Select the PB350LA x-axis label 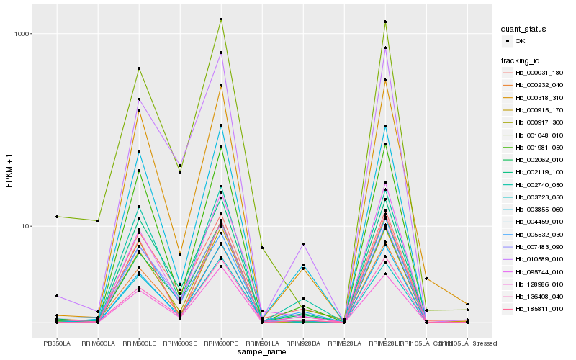coord(57,344)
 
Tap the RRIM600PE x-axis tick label coord(221,344)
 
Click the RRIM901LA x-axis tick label coord(262,344)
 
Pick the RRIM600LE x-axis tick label coord(139,344)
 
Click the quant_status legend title coord(523,29)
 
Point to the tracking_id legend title coord(521,60)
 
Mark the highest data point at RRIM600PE coord(221,19)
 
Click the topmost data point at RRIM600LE coord(139,68)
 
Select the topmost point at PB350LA coord(57,217)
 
